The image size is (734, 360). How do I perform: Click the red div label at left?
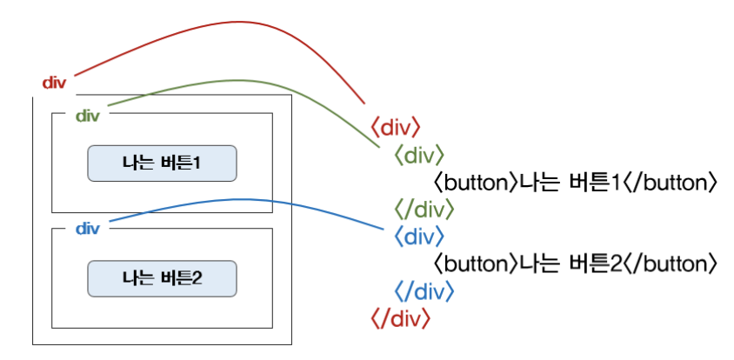54,83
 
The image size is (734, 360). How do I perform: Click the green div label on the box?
88,116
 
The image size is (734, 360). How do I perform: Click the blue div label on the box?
88,229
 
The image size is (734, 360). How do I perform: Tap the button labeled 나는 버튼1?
162,163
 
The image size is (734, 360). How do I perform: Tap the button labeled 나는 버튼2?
162,279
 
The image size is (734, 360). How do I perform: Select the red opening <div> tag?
396,129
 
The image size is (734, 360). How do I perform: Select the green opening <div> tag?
419,156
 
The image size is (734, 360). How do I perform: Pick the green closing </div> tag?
424,210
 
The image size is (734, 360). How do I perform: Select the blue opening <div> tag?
419,236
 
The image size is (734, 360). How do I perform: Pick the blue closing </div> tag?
424,290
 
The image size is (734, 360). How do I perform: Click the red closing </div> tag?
400,317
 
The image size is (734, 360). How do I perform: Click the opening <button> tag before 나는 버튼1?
475,183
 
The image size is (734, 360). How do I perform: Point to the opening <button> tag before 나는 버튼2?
475,263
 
